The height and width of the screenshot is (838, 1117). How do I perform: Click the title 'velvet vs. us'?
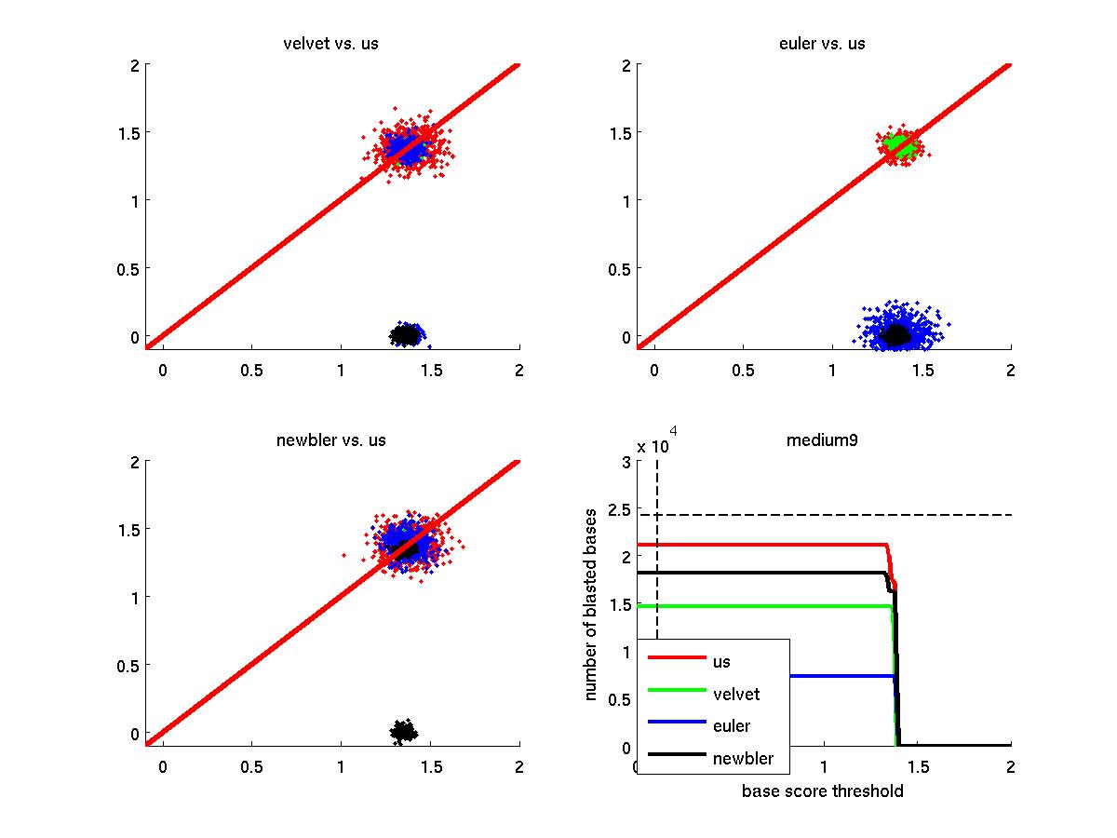[x=330, y=44]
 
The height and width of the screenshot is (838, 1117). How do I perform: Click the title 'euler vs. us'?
[x=822, y=44]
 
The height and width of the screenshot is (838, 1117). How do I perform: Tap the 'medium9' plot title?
[x=822, y=440]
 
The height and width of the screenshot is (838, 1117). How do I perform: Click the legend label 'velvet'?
[x=735, y=694]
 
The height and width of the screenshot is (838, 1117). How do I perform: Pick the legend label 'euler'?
[x=732, y=725]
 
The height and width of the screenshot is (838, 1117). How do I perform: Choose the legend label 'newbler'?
[x=743, y=758]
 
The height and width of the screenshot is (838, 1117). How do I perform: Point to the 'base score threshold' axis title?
[x=822, y=791]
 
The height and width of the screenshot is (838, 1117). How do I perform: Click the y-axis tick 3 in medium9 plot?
[x=623, y=463]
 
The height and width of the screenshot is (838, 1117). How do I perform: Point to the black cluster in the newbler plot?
[x=403, y=732]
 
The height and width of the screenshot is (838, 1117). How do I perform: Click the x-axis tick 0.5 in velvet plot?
[x=251, y=371]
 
